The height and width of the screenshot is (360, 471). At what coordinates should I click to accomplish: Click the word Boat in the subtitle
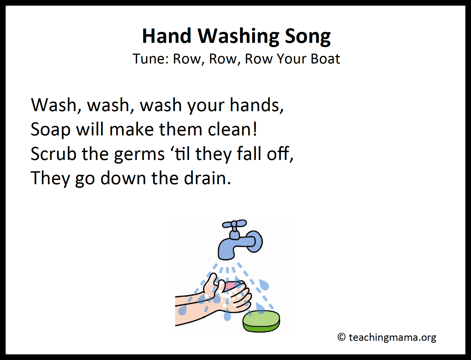(325, 59)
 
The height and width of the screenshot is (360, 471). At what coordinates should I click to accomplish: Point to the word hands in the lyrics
(257, 105)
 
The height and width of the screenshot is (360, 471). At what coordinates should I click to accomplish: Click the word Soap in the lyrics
(51, 130)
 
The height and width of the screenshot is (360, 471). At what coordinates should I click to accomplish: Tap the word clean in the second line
(232, 129)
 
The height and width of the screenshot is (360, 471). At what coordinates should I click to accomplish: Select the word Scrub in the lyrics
(54, 153)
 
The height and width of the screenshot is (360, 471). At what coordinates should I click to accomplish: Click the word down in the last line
(123, 178)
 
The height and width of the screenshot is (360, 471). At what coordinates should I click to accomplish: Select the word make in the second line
(131, 129)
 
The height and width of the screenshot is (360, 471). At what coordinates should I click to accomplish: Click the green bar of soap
(261, 321)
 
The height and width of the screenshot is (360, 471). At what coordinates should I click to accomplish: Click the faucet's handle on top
(234, 224)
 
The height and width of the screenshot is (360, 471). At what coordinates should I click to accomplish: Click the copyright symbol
(341, 337)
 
